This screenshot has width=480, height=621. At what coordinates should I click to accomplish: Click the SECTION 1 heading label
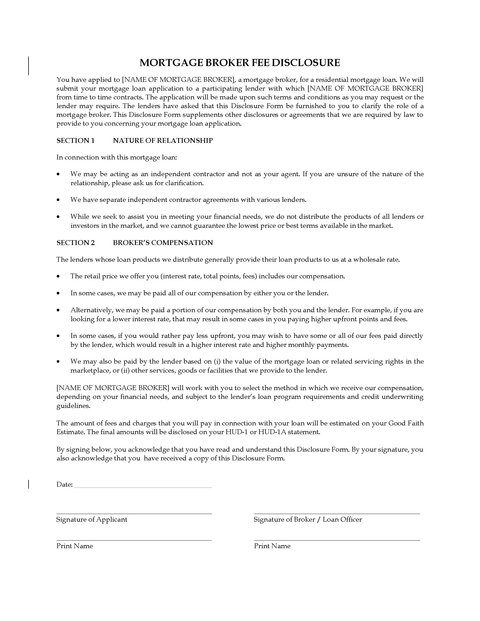pyautogui.click(x=75, y=141)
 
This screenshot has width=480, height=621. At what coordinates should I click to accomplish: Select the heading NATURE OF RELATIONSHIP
pyautogui.click(x=163, y=141)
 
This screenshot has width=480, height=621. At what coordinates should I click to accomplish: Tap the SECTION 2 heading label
pyautogui.click(x=76, y=242)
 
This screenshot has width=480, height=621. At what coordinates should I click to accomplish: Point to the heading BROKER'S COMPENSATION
pyautogui.click(x=163, y=242)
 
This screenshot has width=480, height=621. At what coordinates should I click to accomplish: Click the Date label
pyautogui.click(x=65, y=484)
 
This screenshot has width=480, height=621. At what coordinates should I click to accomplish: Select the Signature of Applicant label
pyautogui.click(x=91, y=519)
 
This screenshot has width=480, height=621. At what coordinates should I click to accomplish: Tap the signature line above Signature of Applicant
pyautogui.click(x=134, y=513)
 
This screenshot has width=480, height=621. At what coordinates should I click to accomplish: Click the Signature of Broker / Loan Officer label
pyautogui.click(x=308, y=519)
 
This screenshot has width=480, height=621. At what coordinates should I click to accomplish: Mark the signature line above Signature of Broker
pyautogui.click(x=337, y=513)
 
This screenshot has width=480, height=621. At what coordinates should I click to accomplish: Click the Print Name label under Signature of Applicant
pyautogui.click(x=75, y=546)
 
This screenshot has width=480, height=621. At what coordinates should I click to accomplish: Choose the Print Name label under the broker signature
pyautogui.click(x=272, y=546)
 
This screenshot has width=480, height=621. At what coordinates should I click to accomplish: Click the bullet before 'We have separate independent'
pyautogui.click(x=58, y=200)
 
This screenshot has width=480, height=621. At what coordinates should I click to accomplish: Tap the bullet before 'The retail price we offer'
pyautogui.click(x=58, y=276)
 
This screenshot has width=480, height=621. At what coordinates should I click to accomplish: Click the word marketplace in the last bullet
pyautogui.click(x=89, y=371)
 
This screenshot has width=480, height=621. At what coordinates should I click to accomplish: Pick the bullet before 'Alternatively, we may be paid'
pyautogui.click(x=58, y=310)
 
